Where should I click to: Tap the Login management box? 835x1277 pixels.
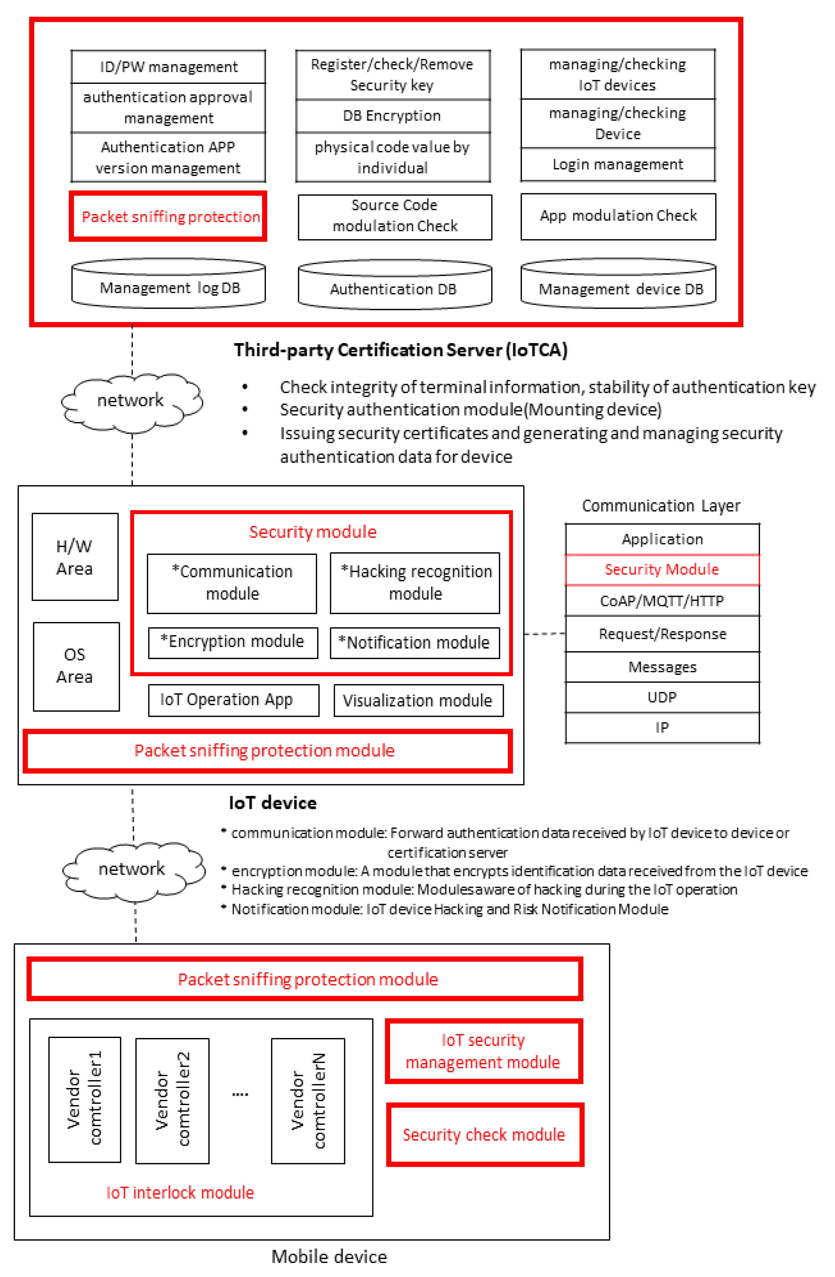(618, 164)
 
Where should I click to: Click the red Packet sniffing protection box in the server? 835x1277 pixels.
(168, 216)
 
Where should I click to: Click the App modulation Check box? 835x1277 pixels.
(618, 216)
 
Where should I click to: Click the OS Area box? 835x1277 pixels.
(76, 666)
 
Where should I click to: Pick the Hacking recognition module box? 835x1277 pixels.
(415, 583)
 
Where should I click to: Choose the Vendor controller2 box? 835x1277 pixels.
(172, 1100)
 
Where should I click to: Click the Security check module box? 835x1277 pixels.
(484, 1134)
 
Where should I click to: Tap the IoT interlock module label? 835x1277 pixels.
(180, 1192)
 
